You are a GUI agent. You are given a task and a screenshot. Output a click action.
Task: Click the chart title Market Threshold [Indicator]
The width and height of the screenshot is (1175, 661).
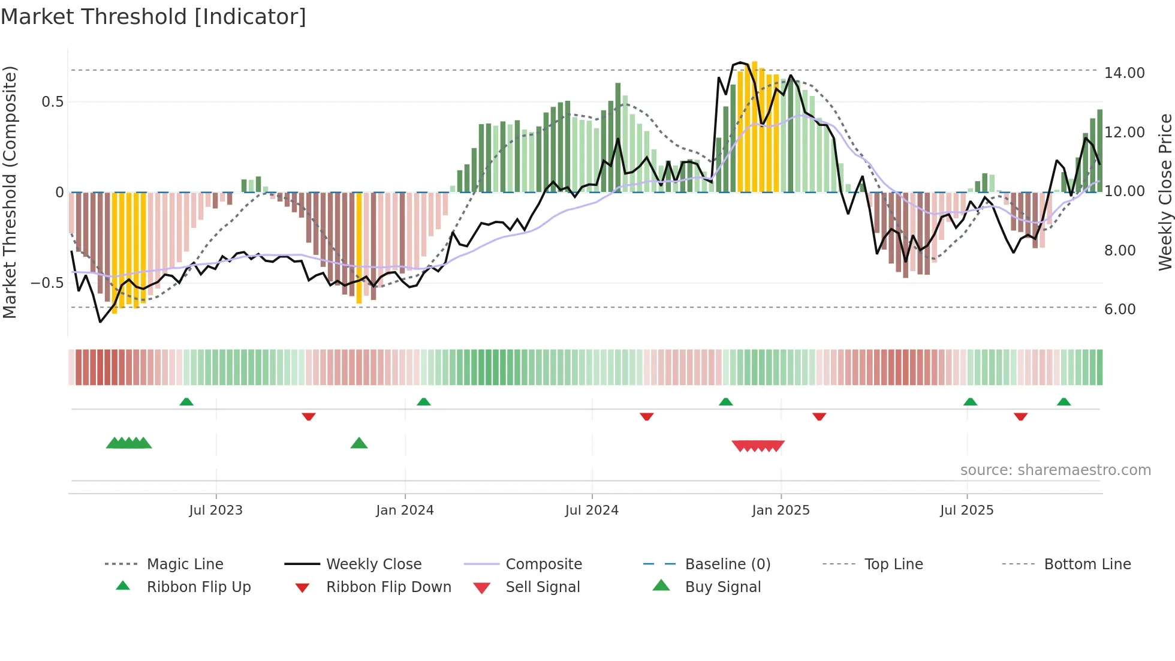pos(153,17)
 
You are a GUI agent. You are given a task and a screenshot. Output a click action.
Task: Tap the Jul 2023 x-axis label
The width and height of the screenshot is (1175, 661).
pos(216,510)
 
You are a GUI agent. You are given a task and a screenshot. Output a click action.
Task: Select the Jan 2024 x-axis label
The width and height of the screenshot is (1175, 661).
pos(405,510)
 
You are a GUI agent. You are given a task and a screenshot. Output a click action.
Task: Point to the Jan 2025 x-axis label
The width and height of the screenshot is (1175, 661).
pos(781,510)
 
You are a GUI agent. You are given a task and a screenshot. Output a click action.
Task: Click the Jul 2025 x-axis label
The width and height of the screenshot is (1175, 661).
pos(966,510)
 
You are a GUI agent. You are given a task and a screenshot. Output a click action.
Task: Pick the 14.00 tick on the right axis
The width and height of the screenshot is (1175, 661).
pos(1124,73)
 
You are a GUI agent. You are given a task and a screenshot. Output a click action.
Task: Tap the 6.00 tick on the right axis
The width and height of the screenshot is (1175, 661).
pos(1120,310)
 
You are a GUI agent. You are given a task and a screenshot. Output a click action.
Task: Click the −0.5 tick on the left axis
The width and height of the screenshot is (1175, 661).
pos(47,283)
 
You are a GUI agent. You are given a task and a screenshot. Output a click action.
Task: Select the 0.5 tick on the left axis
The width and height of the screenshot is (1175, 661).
pos(53,102)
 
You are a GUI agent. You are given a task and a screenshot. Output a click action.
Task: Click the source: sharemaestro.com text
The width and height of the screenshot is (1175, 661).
pos(1055,470)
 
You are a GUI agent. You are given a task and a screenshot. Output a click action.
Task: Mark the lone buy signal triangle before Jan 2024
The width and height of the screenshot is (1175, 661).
pos(359,443)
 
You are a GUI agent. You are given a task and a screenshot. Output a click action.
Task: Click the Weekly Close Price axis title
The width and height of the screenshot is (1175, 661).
pos(1165,192)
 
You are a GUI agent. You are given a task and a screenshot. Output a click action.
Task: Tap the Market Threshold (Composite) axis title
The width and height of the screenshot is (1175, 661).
pos(10,192)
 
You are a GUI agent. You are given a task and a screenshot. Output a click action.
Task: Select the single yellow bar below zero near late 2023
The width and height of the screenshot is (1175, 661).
pos(359,247)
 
